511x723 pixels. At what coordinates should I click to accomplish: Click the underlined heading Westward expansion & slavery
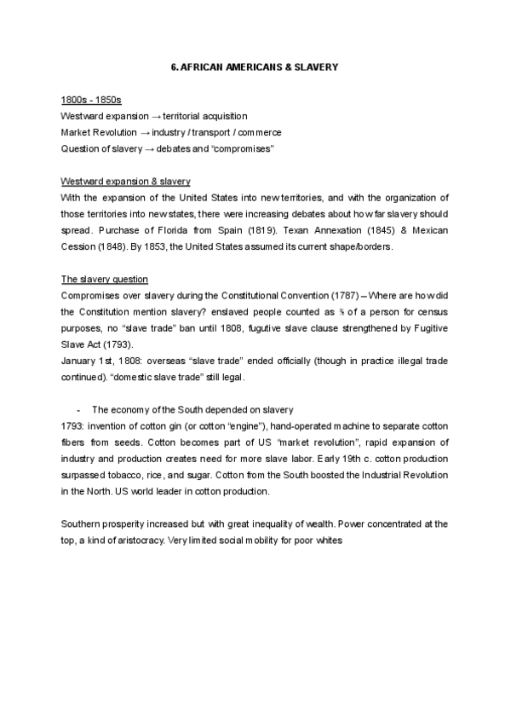(125, 182)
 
